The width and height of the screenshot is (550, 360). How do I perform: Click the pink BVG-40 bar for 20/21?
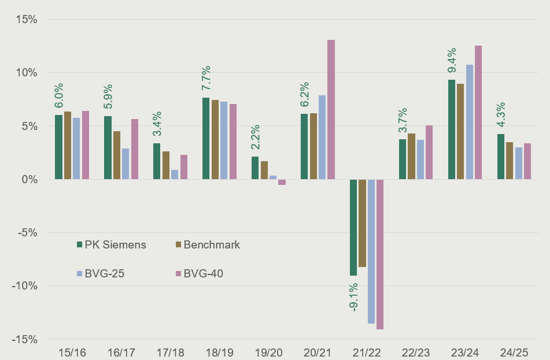coord(331,110)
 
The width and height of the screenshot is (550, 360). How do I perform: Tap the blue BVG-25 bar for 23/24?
coord(469,122)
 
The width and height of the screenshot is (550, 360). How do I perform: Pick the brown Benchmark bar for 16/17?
coord(117,155)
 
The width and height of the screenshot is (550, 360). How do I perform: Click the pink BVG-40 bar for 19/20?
coord(282,182)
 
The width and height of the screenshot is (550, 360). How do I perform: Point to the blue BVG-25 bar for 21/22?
coord(371,251)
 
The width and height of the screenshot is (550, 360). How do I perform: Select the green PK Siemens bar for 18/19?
coord(206,139)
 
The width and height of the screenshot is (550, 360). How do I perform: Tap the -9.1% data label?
coord(353,298)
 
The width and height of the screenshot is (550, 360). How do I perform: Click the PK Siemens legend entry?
coord(111,244)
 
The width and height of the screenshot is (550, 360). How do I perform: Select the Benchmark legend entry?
coord(207,244)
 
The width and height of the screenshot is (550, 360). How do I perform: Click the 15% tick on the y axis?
coord(26,20)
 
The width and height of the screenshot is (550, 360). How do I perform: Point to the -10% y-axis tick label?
coord(24,286)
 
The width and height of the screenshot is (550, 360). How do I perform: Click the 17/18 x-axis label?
coord(168,351)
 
